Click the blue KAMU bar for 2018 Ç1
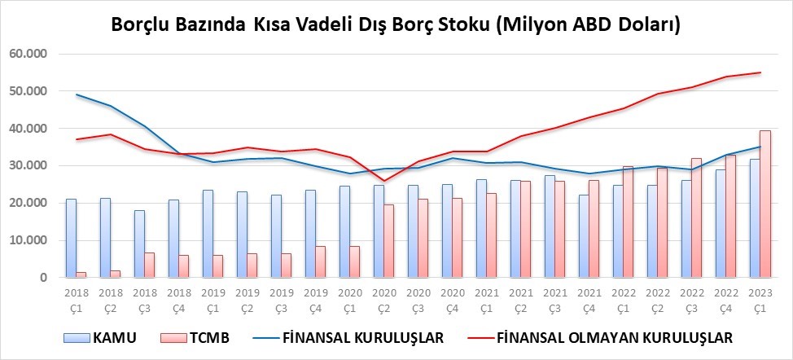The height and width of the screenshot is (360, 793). [x=72, y=238]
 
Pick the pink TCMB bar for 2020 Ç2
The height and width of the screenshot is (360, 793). [x=389, y=240]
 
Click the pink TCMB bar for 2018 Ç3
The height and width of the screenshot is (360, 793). [x=149, y=265]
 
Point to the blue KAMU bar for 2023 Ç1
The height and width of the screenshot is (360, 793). [x=755, y=218]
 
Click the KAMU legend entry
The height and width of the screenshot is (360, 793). [x=100, y=338]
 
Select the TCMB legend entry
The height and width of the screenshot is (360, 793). [x=195, y=338]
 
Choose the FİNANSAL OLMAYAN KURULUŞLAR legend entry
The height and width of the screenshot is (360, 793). [x=599, y=338]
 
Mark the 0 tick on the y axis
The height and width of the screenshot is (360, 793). [x=44, y=278]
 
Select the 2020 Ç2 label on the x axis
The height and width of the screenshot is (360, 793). [x=383, y=300]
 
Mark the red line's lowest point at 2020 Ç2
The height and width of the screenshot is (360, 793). [x=383, y=181]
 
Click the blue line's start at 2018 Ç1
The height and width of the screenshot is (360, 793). [x=77, y=94]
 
